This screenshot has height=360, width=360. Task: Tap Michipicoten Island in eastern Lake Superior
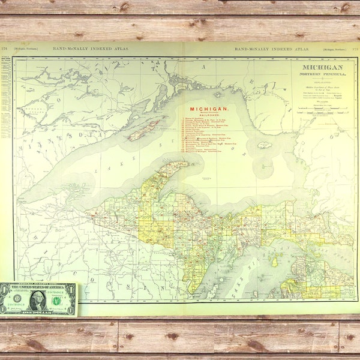(x=265, y=145)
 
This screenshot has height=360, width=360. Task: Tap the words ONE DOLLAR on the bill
(x=36, y=311)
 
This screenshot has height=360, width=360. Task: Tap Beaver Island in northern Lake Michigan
(x=275, y=262)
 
